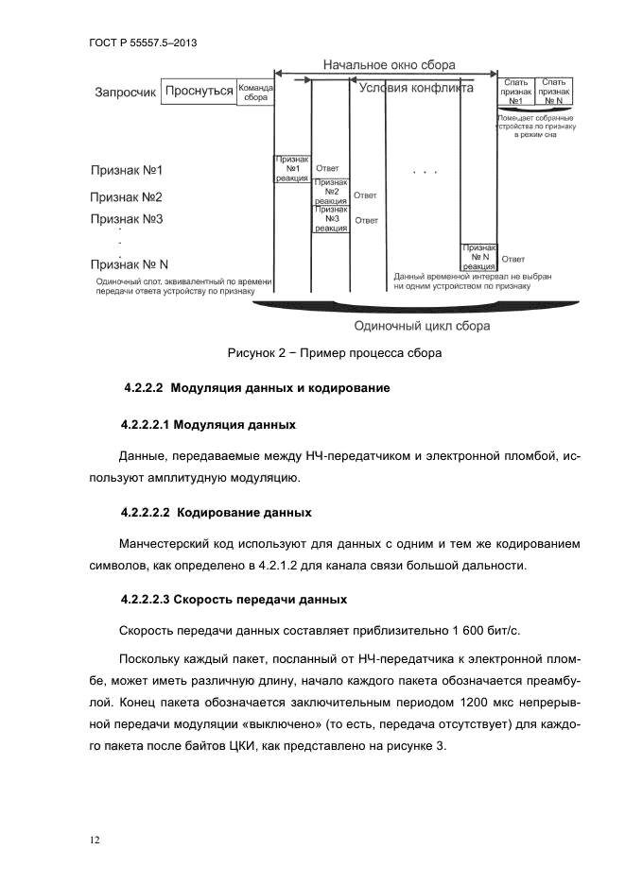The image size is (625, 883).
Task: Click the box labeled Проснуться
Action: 200,91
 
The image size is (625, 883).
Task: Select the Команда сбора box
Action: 255,91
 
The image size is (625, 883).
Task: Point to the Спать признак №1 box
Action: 515,91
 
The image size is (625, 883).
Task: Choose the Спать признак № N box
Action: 553,91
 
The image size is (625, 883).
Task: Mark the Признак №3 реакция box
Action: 331,219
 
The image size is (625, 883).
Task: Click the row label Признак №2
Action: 127,197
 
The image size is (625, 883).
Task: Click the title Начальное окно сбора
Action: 389,65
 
